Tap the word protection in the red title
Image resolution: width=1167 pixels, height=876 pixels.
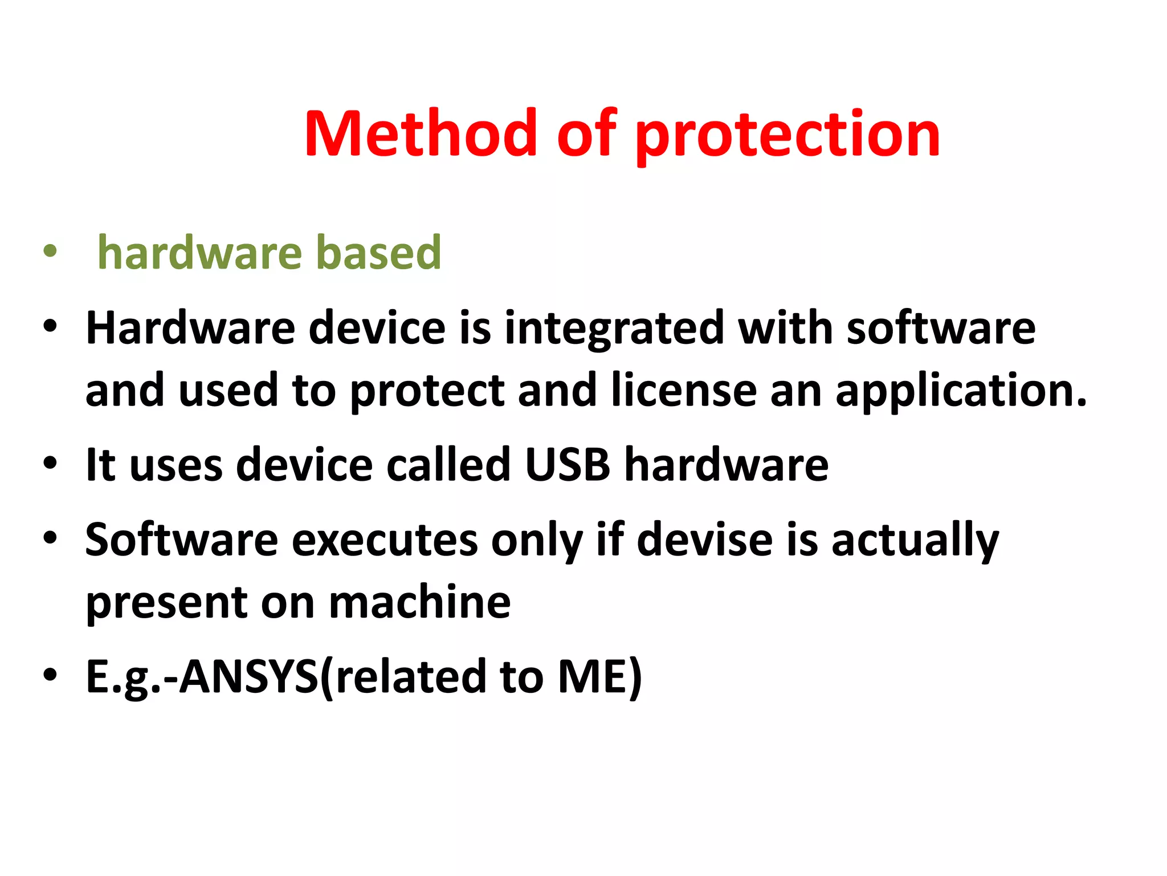pos(787,136)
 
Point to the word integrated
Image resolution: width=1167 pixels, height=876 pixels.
pos(614,330)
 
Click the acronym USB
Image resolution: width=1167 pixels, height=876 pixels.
pos(567,464)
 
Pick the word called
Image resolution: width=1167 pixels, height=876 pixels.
pos(448,464)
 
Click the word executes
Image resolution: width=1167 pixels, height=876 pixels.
pos(385,540)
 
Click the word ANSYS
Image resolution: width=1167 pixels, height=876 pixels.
pos(249,676)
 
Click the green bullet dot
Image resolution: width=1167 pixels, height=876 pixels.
pos(50,252)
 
